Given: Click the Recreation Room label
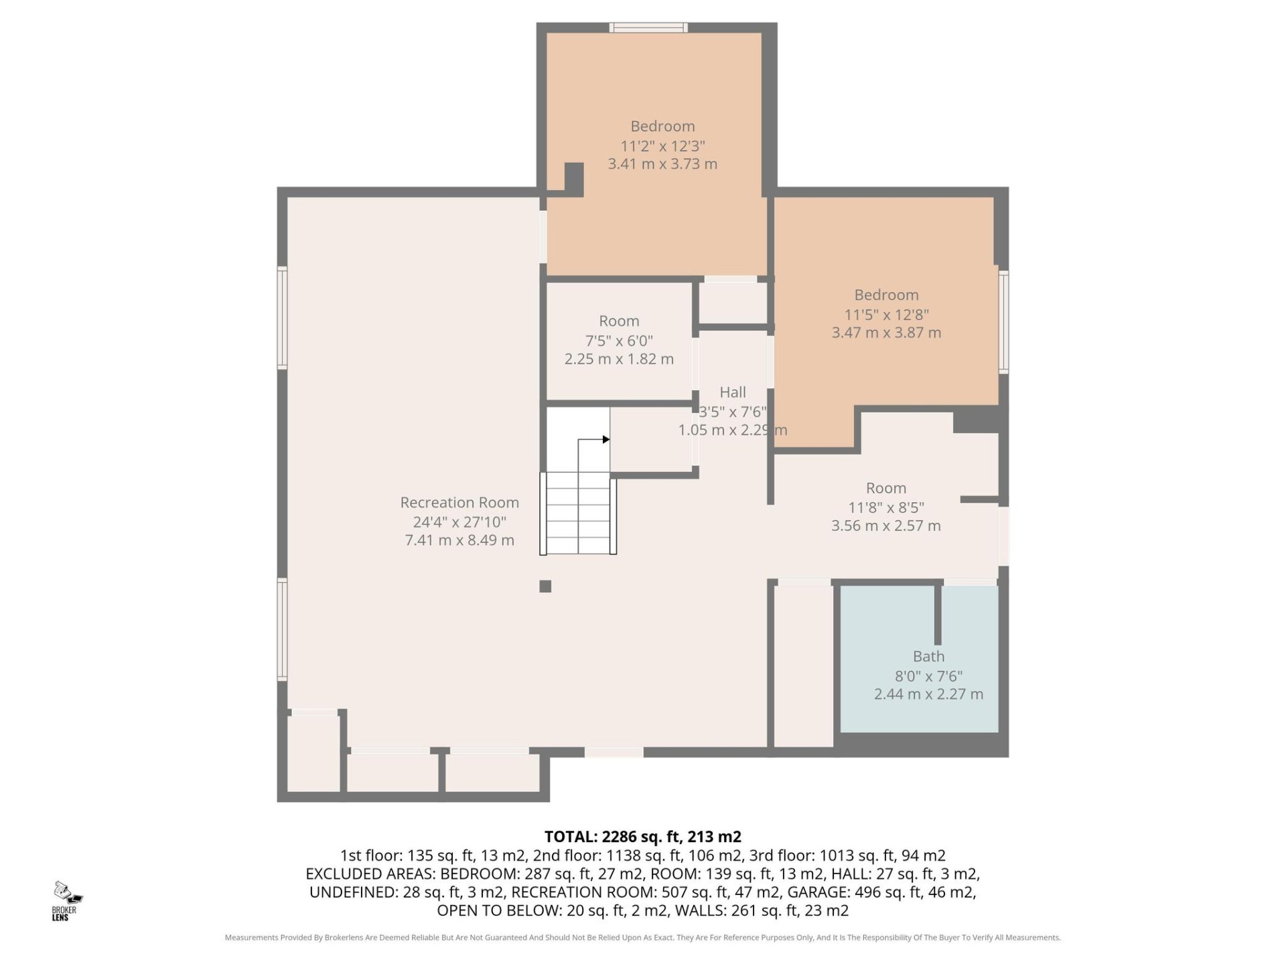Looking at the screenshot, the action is click(x=459, y=503).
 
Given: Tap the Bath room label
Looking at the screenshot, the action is click(x=928, y=657).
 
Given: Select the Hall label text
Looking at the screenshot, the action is click(x=733, y=392).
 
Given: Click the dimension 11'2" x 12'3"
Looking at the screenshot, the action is click(x=662, y=146).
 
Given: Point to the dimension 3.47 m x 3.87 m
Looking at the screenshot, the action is click(x=886, y=333).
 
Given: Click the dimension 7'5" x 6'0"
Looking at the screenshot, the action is click(x=619, y=341).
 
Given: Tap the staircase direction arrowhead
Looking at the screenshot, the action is click(x=606, y=440).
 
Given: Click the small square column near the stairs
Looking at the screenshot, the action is click(x=545, y=586).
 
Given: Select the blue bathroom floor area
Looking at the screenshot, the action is click(x=919, y=659).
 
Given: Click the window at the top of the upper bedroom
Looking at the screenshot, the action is click(x=648, y=27).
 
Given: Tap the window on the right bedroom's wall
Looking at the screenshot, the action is click(x=1003, y=321).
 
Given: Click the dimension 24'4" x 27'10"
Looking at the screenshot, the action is click(x=459, y=521).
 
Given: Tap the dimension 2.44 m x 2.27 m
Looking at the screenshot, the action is click(x=928, y=694).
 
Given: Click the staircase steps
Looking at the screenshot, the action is click(x=578, y=513).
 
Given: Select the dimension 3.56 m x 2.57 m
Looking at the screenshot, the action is click(x=886, y=526).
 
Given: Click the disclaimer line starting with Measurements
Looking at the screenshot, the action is click(x=643, y=938).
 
